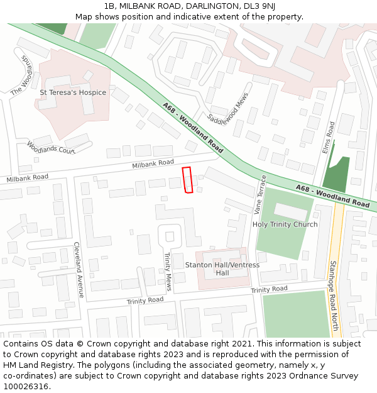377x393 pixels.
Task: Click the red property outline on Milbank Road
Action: pos(187,180)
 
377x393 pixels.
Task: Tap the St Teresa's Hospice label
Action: pos(73,92)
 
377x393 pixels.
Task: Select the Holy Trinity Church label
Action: pos(285,224)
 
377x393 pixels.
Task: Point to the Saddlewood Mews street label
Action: pos(227,110)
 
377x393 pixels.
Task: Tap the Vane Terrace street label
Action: pos(260,193)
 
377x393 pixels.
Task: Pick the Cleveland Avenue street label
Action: pos(79,270)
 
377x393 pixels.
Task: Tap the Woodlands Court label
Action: pos(50,148)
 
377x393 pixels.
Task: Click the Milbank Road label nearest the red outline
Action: pos(153,163)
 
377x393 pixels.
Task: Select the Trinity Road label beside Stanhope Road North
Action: pos(269,289)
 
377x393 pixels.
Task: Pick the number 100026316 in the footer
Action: pos(26,386)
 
